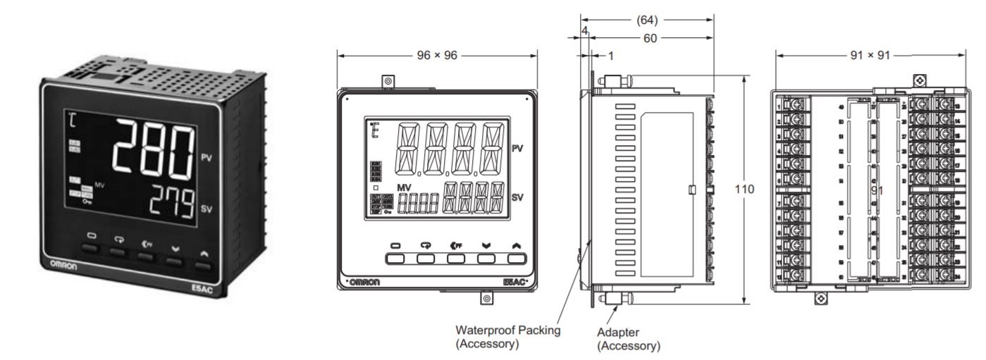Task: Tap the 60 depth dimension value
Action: (x=646, y=39)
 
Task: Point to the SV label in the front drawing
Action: (x=517, y=198)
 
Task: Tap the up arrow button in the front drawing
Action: (x=518, y=258)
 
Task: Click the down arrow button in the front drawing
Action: (x=488, y=258)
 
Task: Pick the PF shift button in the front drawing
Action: (x=457, y=258)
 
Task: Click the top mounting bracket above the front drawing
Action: (x=388, y=82)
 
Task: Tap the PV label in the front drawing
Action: (x=517, y=150)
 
